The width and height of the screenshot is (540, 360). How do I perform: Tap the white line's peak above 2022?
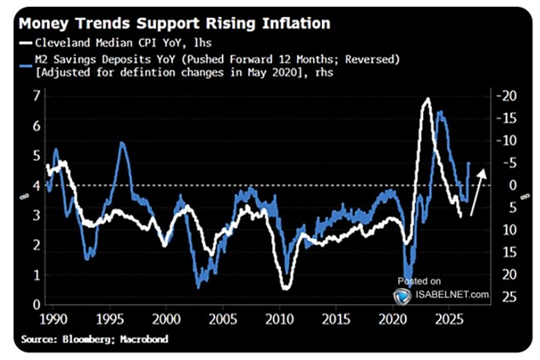click(x=426, y=99)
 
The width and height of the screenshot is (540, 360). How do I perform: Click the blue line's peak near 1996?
click(x=122, y=143)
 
